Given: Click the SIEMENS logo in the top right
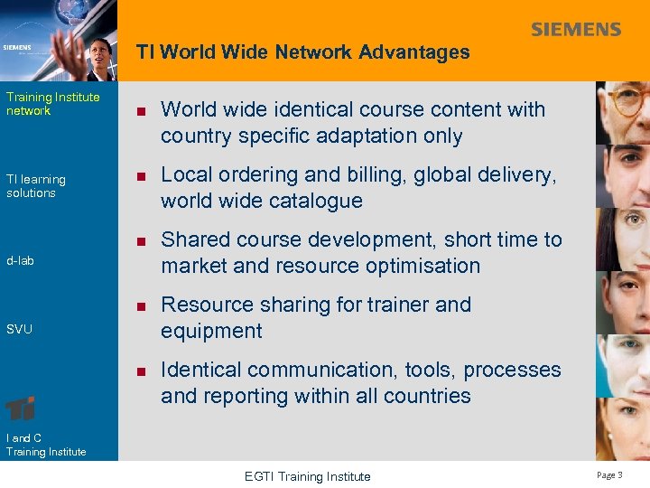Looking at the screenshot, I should tap(576, 30).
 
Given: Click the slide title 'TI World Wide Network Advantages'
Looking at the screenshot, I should tap(302, 52).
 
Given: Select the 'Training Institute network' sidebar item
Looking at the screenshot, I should tap(52, 104).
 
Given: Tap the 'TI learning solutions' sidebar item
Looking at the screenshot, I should tap(36, 186).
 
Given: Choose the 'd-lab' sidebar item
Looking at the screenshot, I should tap(20, 261).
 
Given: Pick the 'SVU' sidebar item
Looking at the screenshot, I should tap(19, 329).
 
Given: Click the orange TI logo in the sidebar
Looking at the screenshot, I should tap(21, 408).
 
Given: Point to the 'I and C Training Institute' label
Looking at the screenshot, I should tap(46, 445).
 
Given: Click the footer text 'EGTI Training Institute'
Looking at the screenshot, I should tap(307, 476).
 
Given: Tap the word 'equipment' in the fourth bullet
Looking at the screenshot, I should tap(211, 331).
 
